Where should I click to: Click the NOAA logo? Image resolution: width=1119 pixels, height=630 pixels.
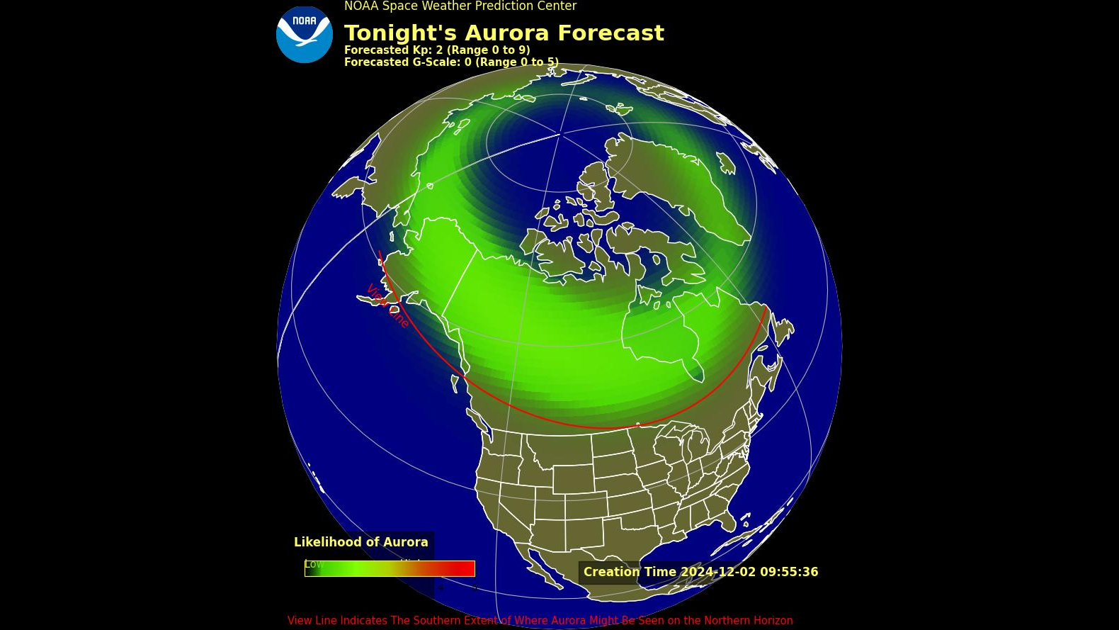pyautogui.click(x=304, y=35)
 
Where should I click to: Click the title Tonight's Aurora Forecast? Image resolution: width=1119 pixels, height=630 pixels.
pyautogui.click(x=504, y=33)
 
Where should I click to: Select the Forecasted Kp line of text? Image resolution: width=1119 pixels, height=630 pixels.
pyautogui.click(x=436, y=50)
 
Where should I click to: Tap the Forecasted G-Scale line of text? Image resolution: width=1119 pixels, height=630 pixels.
pyautogui.click(x=450, y=62)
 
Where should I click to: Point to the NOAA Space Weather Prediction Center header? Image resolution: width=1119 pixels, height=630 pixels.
pyautogui.click(x=460, y=6)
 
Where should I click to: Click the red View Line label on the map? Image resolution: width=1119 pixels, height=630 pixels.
pyautogui.click(x=387, y=305)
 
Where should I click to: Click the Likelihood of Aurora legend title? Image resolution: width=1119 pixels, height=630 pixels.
pyautogui.click(x=360, y=542)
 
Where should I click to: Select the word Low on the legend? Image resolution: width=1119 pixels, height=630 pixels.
pyautogui.click(x=313, y=564)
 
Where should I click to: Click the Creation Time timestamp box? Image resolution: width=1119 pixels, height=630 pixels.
pyautogui.click(x=700, y=572)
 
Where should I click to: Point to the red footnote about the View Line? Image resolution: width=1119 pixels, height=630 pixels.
pyautogui.click(x=540, y=621)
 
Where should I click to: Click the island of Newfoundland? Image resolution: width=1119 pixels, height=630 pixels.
pyautogui.click(x=783, y=332)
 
